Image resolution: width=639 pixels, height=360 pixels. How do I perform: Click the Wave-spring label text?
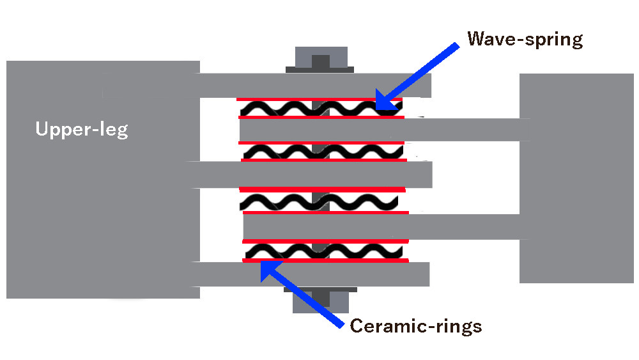[525, 40]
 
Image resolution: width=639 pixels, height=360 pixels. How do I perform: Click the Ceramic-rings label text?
[415, 326]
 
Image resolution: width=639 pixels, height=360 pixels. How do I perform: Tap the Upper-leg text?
[82, 130]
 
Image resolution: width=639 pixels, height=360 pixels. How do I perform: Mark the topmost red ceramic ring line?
[319, 99]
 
